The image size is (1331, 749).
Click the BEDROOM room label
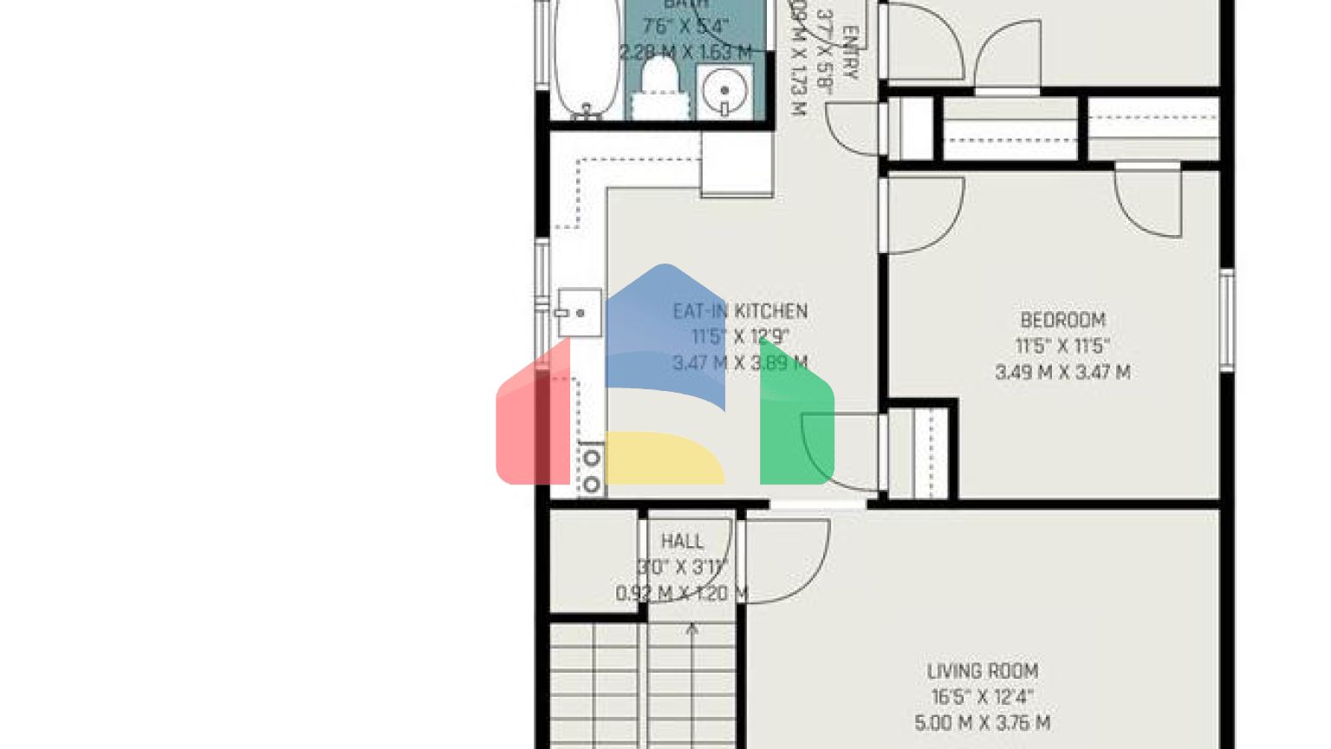click(x=1062, y=320)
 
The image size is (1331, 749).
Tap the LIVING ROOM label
click(x=983, y=671)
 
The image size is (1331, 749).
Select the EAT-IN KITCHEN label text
click(x=740, y=311)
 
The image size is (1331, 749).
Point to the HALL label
click(x=682, y=542)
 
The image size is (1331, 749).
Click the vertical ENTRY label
click(x=850, y=54)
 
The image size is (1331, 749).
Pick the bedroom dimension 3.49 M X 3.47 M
click(x=1062, y=373)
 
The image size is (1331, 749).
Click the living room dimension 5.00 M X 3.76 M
click(x=983, y=723)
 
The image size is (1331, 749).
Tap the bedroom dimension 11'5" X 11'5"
click(x=1062, y=347)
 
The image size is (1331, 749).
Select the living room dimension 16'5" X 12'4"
click(x=983, y=697)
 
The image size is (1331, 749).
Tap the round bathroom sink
click(x=724, y=90)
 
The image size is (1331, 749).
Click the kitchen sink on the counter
click(x=578, y=312)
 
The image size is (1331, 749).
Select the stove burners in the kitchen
click(x=592, y=471)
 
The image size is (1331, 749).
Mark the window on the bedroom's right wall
click(x=1227, y=321)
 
